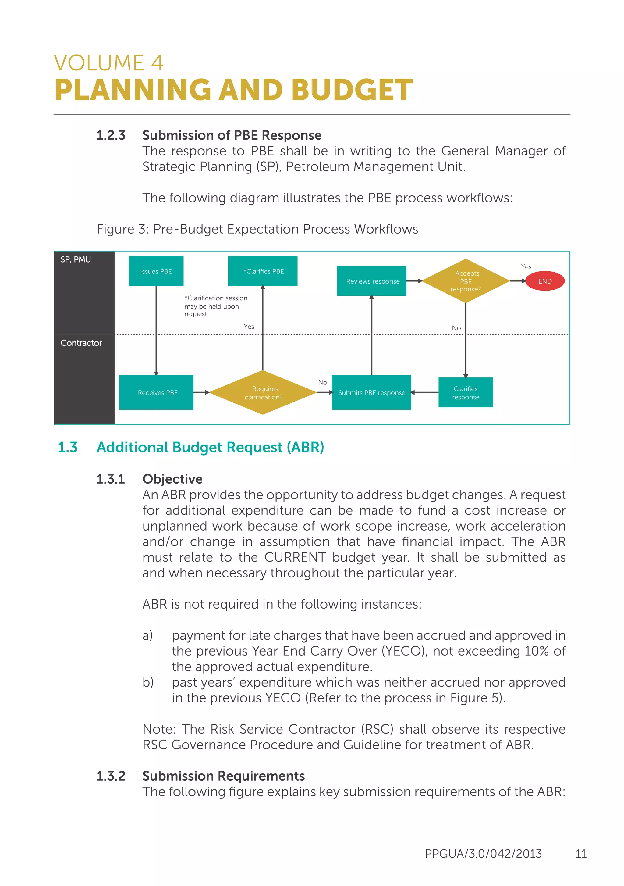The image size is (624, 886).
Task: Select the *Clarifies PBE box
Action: [x=263, y=271]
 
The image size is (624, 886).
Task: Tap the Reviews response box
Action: [x=371, y=281]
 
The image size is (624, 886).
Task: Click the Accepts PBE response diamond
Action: [x=466, y=281]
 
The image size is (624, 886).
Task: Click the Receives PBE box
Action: [x=156, y=392]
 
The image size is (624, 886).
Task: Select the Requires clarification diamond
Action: [x=263, y=392]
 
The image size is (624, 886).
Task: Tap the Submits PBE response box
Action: [x=371, y=392]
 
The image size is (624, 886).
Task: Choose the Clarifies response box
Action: [x=466, y=392]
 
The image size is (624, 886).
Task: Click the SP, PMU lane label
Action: [x=76, y=260]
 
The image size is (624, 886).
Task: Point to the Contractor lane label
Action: [x=81, y=343]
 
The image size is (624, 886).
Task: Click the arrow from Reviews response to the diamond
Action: [x=415, y=281]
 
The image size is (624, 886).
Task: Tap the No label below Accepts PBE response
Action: [x=456, y=328]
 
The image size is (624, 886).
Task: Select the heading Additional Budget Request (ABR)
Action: [x=210, y=447]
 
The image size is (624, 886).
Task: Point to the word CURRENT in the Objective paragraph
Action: [x=295, y=557]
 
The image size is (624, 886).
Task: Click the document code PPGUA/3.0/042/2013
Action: [x=483, y=854]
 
